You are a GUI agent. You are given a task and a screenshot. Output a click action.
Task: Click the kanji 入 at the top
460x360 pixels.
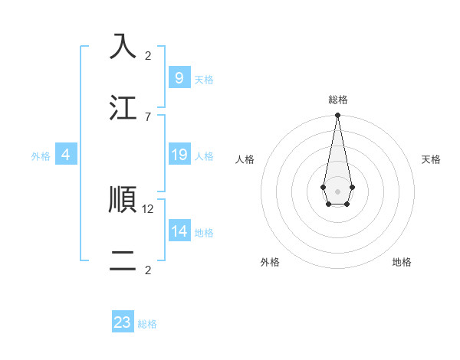pos(123,46)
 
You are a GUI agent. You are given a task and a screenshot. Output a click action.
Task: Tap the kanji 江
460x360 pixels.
pos(123,108)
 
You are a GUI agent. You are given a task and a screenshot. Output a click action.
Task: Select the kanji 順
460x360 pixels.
pos(123,199)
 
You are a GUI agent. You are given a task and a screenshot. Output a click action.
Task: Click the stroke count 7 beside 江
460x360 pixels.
pos(148,116)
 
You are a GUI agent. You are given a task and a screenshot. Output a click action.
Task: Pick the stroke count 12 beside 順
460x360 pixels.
pos(149,208)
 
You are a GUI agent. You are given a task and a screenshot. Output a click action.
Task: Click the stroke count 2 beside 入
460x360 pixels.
pos(148,55)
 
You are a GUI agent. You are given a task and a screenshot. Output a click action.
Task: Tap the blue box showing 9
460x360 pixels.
pos(179,77)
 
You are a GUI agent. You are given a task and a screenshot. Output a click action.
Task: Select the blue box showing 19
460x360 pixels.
pos(179,155)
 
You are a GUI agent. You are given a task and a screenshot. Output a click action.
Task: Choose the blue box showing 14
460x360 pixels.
pos(179,231)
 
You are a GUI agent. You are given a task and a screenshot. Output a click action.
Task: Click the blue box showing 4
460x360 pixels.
pos(66,155)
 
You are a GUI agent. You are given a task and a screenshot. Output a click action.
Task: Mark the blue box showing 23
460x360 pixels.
pos(123,322)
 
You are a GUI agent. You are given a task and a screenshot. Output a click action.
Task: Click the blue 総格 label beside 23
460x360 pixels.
pos(147,324)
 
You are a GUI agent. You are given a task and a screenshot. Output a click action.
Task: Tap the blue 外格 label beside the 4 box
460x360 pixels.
pos(41,156)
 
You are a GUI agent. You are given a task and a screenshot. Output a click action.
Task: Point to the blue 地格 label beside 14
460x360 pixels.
pos(204,233)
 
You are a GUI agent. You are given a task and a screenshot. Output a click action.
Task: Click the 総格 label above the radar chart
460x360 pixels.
pos(337,100)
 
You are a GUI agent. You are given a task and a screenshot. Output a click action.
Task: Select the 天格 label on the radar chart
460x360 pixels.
pos(431,159)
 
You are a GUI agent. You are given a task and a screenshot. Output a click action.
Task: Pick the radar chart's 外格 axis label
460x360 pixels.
pos(270,262)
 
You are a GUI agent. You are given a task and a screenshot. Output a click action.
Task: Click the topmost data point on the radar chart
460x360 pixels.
pos(337,116)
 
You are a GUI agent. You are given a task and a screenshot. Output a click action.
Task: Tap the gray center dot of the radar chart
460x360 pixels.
pos(337,191)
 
